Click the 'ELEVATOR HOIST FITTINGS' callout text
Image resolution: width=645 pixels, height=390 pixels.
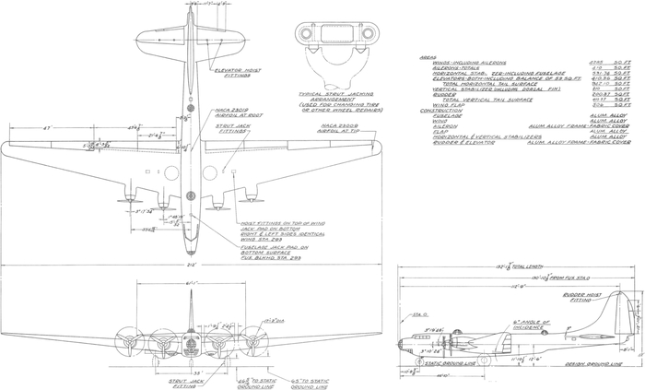pyautogui.click(x=234, y=75)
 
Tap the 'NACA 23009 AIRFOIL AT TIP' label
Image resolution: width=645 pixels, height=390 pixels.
pyautogui.click(x=340, y=127)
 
